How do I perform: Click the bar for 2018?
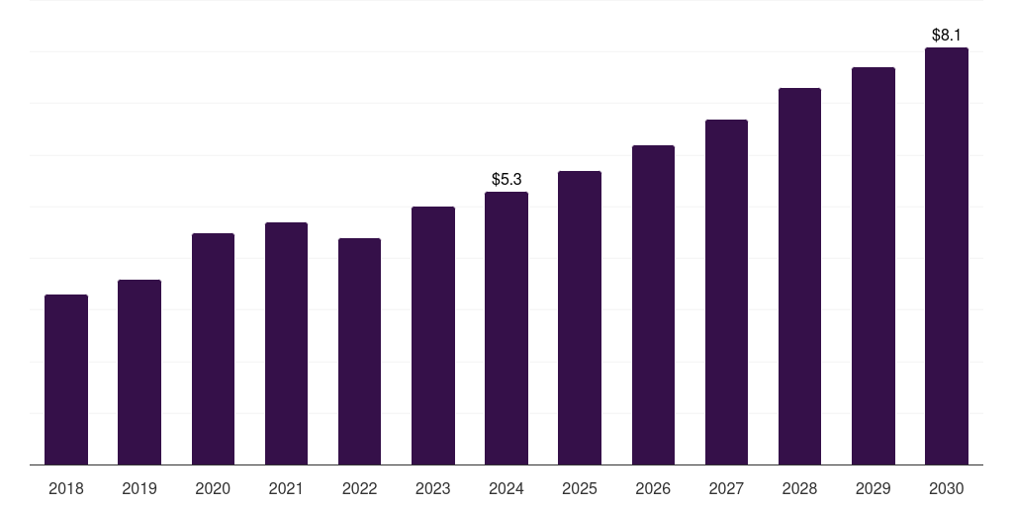click(66, 379)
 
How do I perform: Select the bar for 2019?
click(139, 373)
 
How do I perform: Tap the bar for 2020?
click(213, 349)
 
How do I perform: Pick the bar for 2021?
click(286, 344)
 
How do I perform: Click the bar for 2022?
click(359, 352)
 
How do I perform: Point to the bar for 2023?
click(433, 336)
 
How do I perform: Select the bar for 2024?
click(506, 328)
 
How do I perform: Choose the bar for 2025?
click(580, 318)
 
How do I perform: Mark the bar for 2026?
click(653, 305)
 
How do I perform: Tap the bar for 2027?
click(726, 293)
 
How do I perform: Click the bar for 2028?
click(799, 277)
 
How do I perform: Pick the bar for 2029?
click(874, 266)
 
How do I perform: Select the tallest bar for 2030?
click(947, 256)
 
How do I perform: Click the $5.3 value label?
click(506, 179)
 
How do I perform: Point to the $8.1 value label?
click(947, 35)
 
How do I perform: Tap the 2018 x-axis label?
click(66, 488)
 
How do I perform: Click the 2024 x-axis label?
click(506, 488)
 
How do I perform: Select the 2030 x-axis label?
click(947, 488)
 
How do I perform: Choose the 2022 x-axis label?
click(359, 488)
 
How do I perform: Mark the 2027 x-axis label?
click(726, 488)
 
